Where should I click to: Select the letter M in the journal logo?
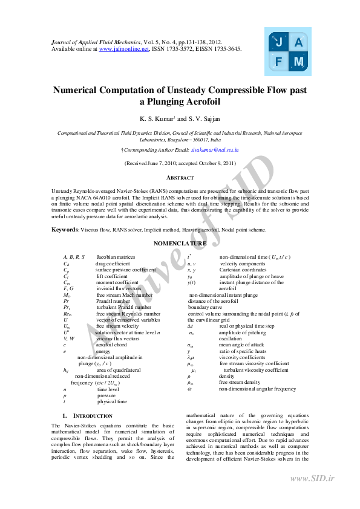tap(298, 62)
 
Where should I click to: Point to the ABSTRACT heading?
tap(180, 178)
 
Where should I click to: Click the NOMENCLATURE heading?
tap(180, 243)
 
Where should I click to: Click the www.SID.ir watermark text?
tap(312, 479)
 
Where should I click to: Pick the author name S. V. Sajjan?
tap(202, 119)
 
